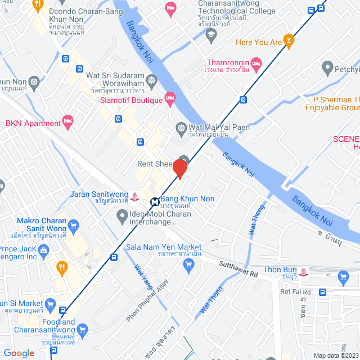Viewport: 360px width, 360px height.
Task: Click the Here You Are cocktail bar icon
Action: (289, 42)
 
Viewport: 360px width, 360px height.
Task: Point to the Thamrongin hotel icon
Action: (256, 62)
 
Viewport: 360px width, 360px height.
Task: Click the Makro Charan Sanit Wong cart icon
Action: (72, 226)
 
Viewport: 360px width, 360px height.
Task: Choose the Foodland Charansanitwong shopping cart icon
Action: (83, 329)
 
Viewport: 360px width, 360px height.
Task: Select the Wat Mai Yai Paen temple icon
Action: (181, 128)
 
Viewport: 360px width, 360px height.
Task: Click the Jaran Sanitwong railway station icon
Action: (134, 197)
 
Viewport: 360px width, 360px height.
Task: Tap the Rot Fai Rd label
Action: (295, 291)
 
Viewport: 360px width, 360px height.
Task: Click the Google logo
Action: (19, 353)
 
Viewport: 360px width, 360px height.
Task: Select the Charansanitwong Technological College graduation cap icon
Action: (211, 35)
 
